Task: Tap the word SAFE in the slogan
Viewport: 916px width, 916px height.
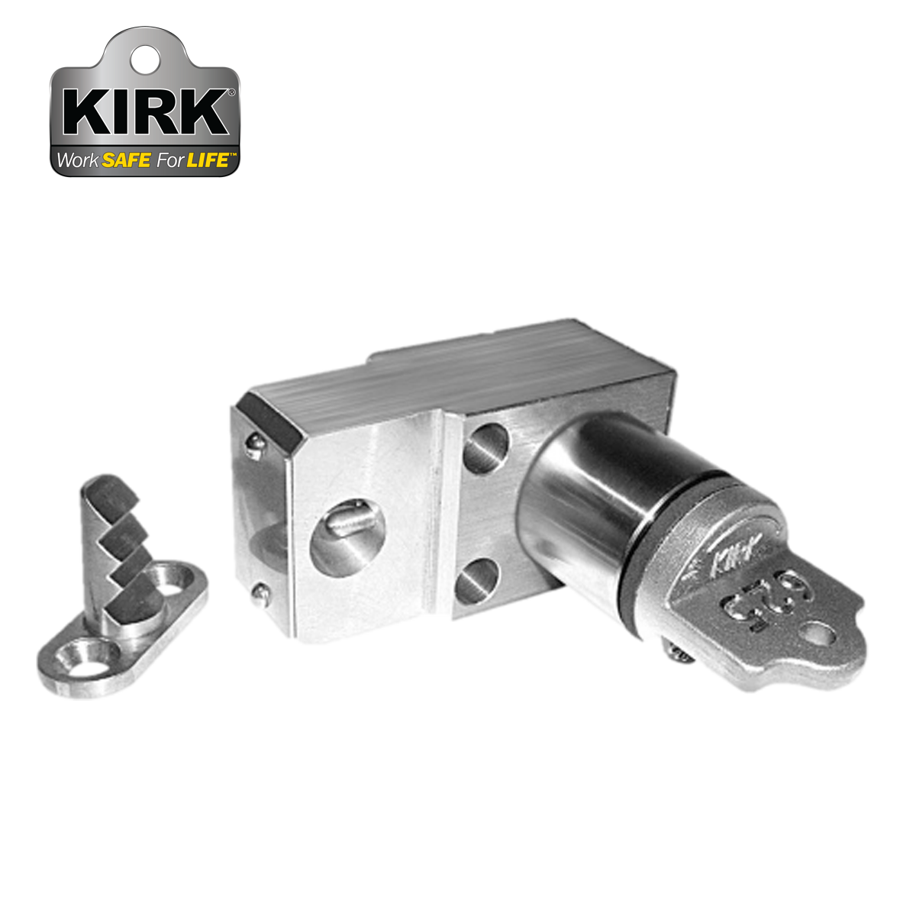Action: pyautogui.click(x=126, y=161)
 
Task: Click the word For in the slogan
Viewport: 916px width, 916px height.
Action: pyautogui.click(x=169, y=161)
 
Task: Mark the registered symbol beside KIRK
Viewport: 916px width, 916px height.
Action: pyautogui.click(x=231, y=92)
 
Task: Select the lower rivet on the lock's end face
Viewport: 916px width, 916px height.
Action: pyautogui.click(x=261, y=591)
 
